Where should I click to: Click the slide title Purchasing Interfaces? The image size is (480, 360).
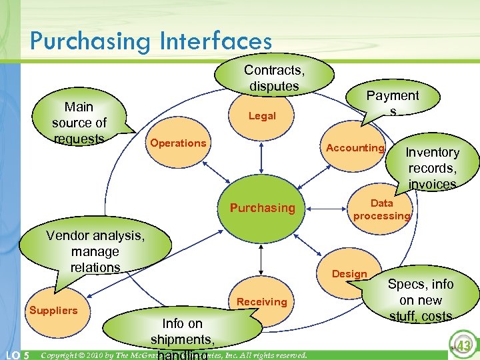click(x=151, y=41)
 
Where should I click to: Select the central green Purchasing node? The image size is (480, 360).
click(x=262, y=208)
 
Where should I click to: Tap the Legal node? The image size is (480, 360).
click(x=262, y=116)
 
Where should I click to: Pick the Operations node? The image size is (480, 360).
click(x=178, y=143)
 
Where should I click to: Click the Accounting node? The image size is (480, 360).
click(x=354, y=148)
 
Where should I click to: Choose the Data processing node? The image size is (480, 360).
click(x=381, y=209)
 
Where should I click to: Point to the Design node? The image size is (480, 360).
click(x=349, y=274)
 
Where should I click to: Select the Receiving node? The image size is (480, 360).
click(x=261, y=302)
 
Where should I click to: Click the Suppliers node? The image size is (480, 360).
click(x=53, y=310)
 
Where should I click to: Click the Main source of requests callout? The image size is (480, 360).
click(x=79, y=122)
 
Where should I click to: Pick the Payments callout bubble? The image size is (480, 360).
click(x=393, y=102)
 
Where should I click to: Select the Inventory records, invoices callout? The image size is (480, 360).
click(x=433, y=167)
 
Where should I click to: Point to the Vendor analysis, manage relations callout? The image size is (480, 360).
click(x=95, y=251)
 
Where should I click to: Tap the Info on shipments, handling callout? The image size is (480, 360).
click(x=182, y=333)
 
